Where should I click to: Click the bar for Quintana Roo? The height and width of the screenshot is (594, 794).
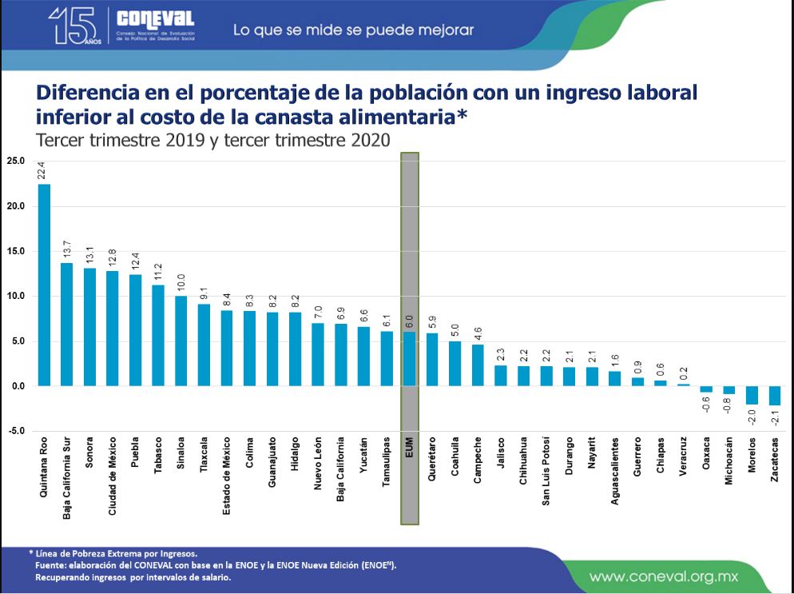point(44,285)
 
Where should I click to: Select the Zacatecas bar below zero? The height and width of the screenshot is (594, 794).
point(774,395)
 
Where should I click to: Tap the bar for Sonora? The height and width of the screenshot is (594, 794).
point(89,327)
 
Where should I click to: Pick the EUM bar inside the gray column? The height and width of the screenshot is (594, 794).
point(409,359)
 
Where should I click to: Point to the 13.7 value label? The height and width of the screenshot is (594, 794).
point(67,249)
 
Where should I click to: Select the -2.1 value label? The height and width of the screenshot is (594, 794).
point(775,417)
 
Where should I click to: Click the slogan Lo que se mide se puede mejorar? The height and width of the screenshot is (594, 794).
point(353,30)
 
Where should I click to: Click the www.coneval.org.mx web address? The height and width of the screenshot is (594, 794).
point(664,576)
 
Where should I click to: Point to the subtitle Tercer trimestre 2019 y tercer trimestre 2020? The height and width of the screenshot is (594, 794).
point(213,140)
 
